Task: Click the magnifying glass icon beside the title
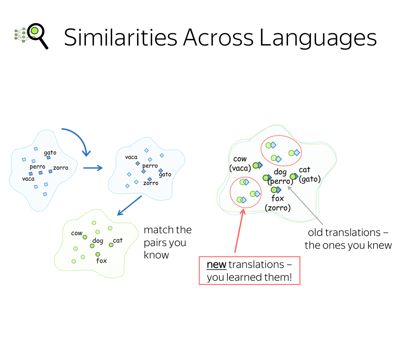coord(37,35)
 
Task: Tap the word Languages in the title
coord(318,38)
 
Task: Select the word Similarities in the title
coord(121,37)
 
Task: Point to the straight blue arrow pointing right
coord(93,168)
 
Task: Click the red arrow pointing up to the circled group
coord(239,231)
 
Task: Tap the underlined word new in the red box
coord(216,265)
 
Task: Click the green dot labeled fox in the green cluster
coord(98,254)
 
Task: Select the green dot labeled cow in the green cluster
coord(85,237)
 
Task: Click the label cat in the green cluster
coord(118,240)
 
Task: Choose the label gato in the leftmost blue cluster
coord(50,153)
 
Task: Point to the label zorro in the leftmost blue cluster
coord(61,168)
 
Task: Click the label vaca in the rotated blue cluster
coord(131,157)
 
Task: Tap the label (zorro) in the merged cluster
coord(278,208)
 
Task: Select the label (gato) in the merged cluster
coord(310,179)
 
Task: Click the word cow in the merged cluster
coord(240,159)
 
